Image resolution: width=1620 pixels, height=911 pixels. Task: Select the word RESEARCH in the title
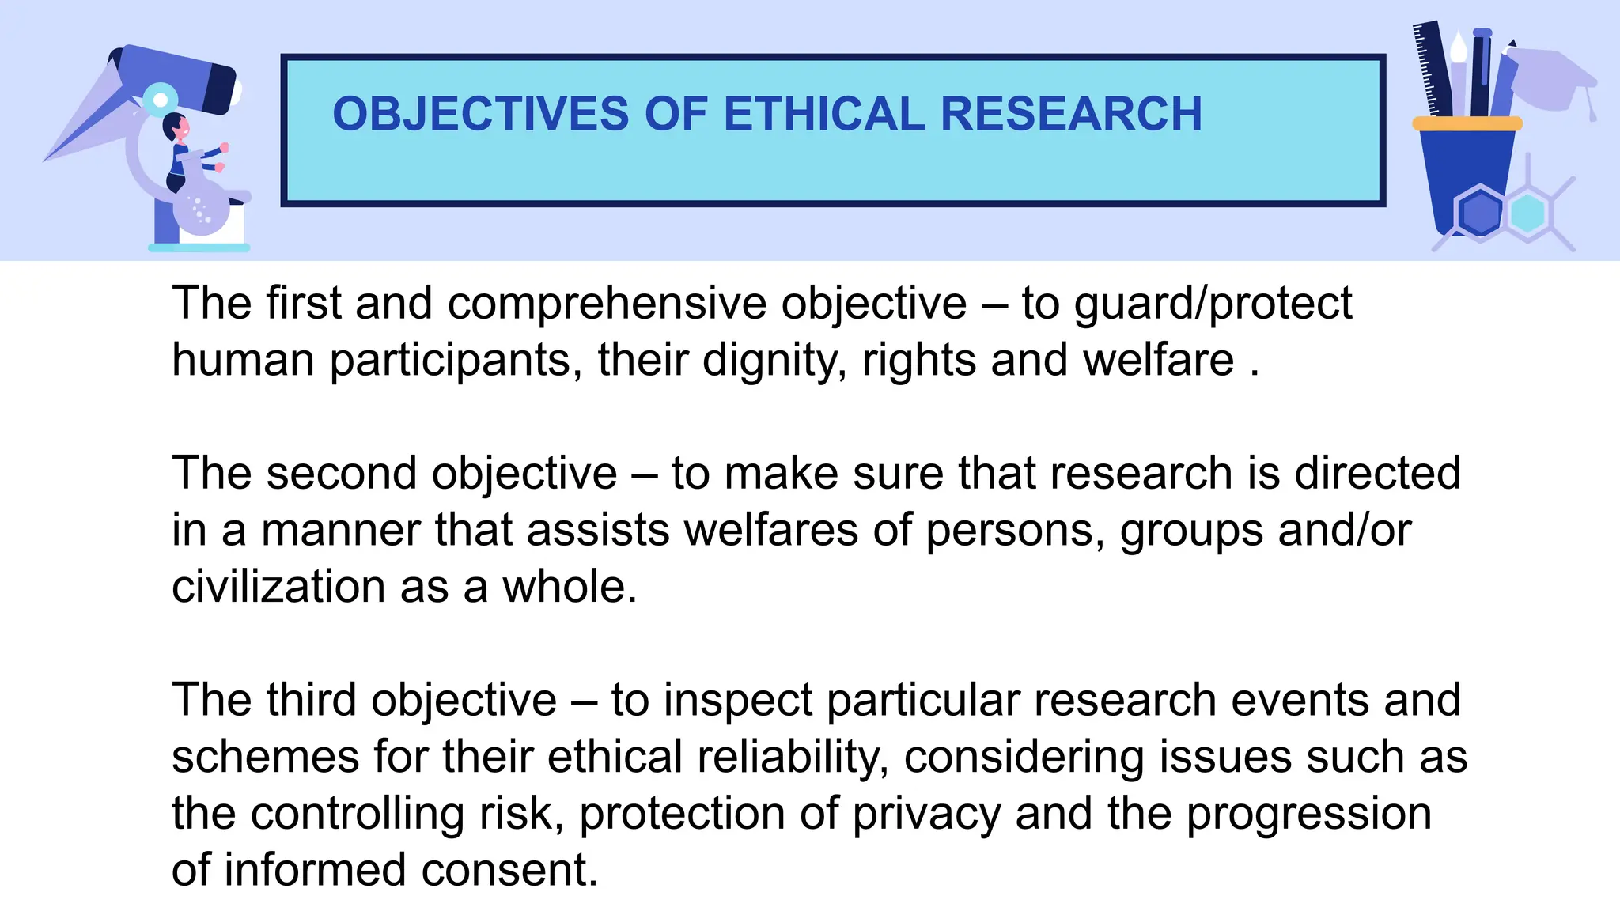(x=1071, y=114)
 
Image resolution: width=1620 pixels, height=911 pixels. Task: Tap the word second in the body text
(x=342, y=474)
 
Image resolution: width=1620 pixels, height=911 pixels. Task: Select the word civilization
(x=278, y=587)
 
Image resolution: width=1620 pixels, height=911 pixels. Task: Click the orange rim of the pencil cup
(x=1467, y=123)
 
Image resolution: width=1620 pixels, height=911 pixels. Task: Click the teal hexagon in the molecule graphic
(x=1527, y=213)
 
